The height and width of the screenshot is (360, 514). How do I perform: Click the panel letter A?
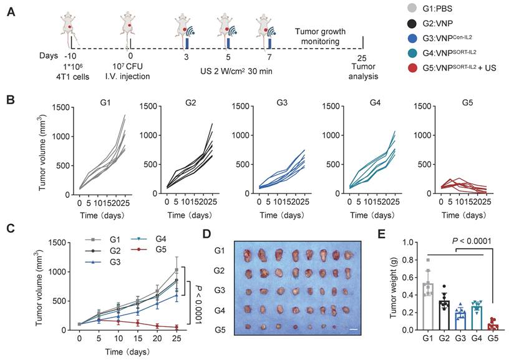(12, 12)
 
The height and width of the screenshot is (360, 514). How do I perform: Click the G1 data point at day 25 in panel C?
(177, 270)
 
